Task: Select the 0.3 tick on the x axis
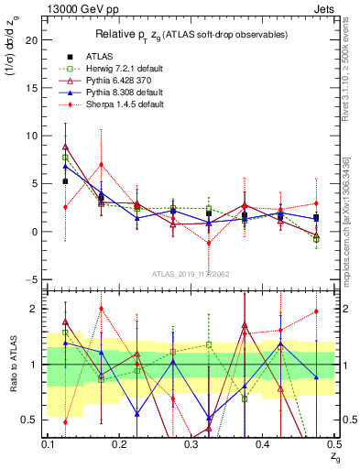point(191,444)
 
